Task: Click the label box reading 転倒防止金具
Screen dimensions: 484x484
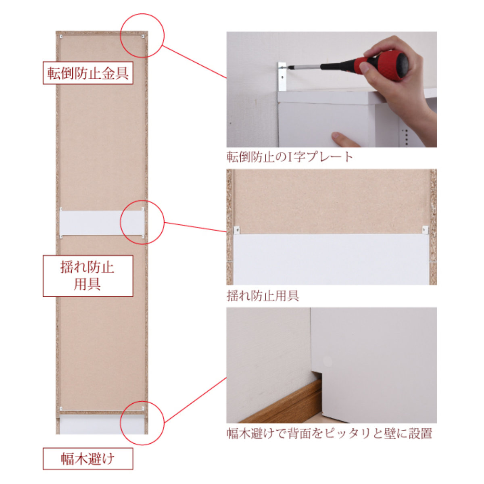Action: (88, 73)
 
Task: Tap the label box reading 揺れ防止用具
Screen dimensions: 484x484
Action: (88, 276)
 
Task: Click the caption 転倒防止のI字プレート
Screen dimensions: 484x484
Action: (290, 157)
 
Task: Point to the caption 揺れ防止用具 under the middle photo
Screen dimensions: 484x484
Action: (263, 296)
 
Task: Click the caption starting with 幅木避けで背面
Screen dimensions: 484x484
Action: (329, 433)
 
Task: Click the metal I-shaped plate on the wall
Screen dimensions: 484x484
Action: (282, 77)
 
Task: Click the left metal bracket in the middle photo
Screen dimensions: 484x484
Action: (237, 230)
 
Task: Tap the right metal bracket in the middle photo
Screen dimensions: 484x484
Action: (425, 229)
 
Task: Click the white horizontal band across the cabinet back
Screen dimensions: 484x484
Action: (102, 223)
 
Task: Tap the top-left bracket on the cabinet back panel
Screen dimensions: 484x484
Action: (61, 37)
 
